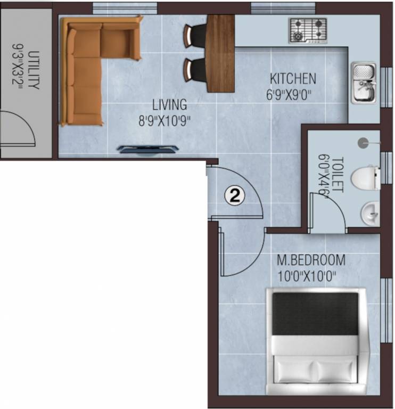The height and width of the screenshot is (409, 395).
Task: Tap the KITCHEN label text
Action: pyautogui.click(x=293, y=79)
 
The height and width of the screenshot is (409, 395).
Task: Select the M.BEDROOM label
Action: pyautogui.click(x=311, y=261)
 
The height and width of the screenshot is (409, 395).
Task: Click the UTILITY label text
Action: pyautogui.click(x=34, y=70)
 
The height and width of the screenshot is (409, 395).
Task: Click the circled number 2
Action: pyautogui.click(x=235, y=195)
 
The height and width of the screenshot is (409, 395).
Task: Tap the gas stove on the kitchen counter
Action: pyautogui.click(x=308, y=30)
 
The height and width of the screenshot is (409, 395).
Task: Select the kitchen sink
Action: pyautogui.click(x=364, y=83)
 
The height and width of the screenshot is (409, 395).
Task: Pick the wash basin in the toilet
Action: pyautogui.click(x=371, y=214)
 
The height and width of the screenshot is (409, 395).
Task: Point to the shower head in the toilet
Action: pyautogui.click(x=363, y=142)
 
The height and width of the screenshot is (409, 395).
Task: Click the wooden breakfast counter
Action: pyautogui.click(x=220, y=53)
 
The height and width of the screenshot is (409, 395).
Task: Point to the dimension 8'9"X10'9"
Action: pyautogui.click(x=165, y=120)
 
